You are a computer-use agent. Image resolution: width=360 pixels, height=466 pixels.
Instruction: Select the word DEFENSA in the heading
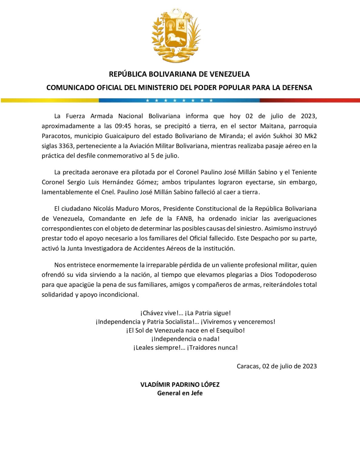point(297,88)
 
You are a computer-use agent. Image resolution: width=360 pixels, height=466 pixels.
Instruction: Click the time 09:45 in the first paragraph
point(123,126)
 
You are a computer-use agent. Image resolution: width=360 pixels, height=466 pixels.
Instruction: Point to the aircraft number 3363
point(66,146)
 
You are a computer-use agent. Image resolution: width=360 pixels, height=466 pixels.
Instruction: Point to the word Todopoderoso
point(295,275)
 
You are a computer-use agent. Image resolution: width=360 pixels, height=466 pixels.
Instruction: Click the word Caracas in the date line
point(248,366)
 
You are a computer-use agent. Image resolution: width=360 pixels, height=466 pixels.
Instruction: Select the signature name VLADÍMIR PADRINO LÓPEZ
point(180,384)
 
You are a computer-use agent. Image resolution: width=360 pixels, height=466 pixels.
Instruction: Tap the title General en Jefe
point(180,393)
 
